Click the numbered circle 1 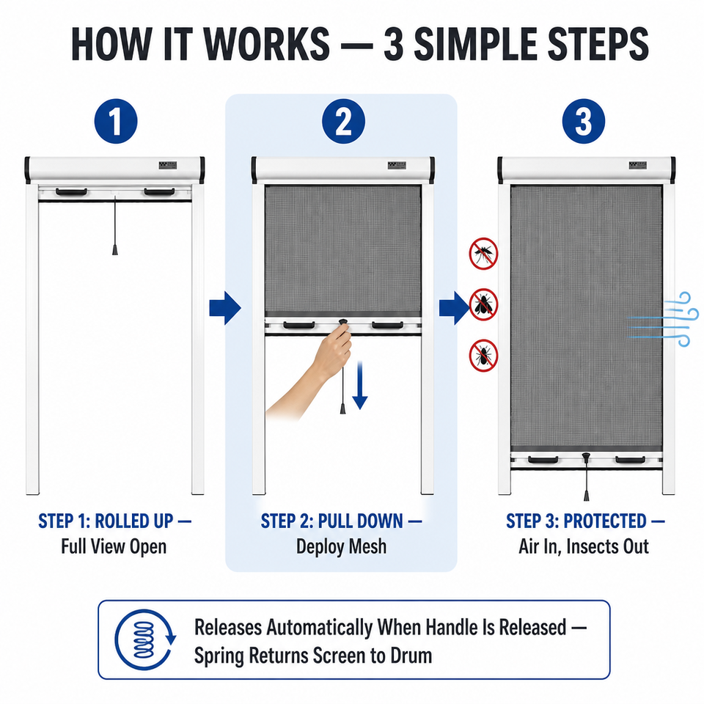[x=116, y=121]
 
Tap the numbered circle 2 [x=343, y=121]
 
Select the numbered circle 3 [x=584, y=121]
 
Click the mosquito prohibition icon [x=483, y=254]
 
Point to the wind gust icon [x=663, y=319]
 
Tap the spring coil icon [x=144, y=639]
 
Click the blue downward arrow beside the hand [x=360, y=385]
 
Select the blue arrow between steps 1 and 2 [x=225, y=308]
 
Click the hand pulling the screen [x=309, y=373]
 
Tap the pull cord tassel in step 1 [x=115, y=249]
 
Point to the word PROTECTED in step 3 [x=605, y=521]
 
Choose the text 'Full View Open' [x=114, y=547]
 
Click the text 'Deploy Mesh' [x=341, y=547]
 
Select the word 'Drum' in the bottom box [x=411, y=656]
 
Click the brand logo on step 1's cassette [x=167, y=165]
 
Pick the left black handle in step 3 [x=543, y=460]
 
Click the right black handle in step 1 [x=159, y=192]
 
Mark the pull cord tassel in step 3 [x=587, y=495]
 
